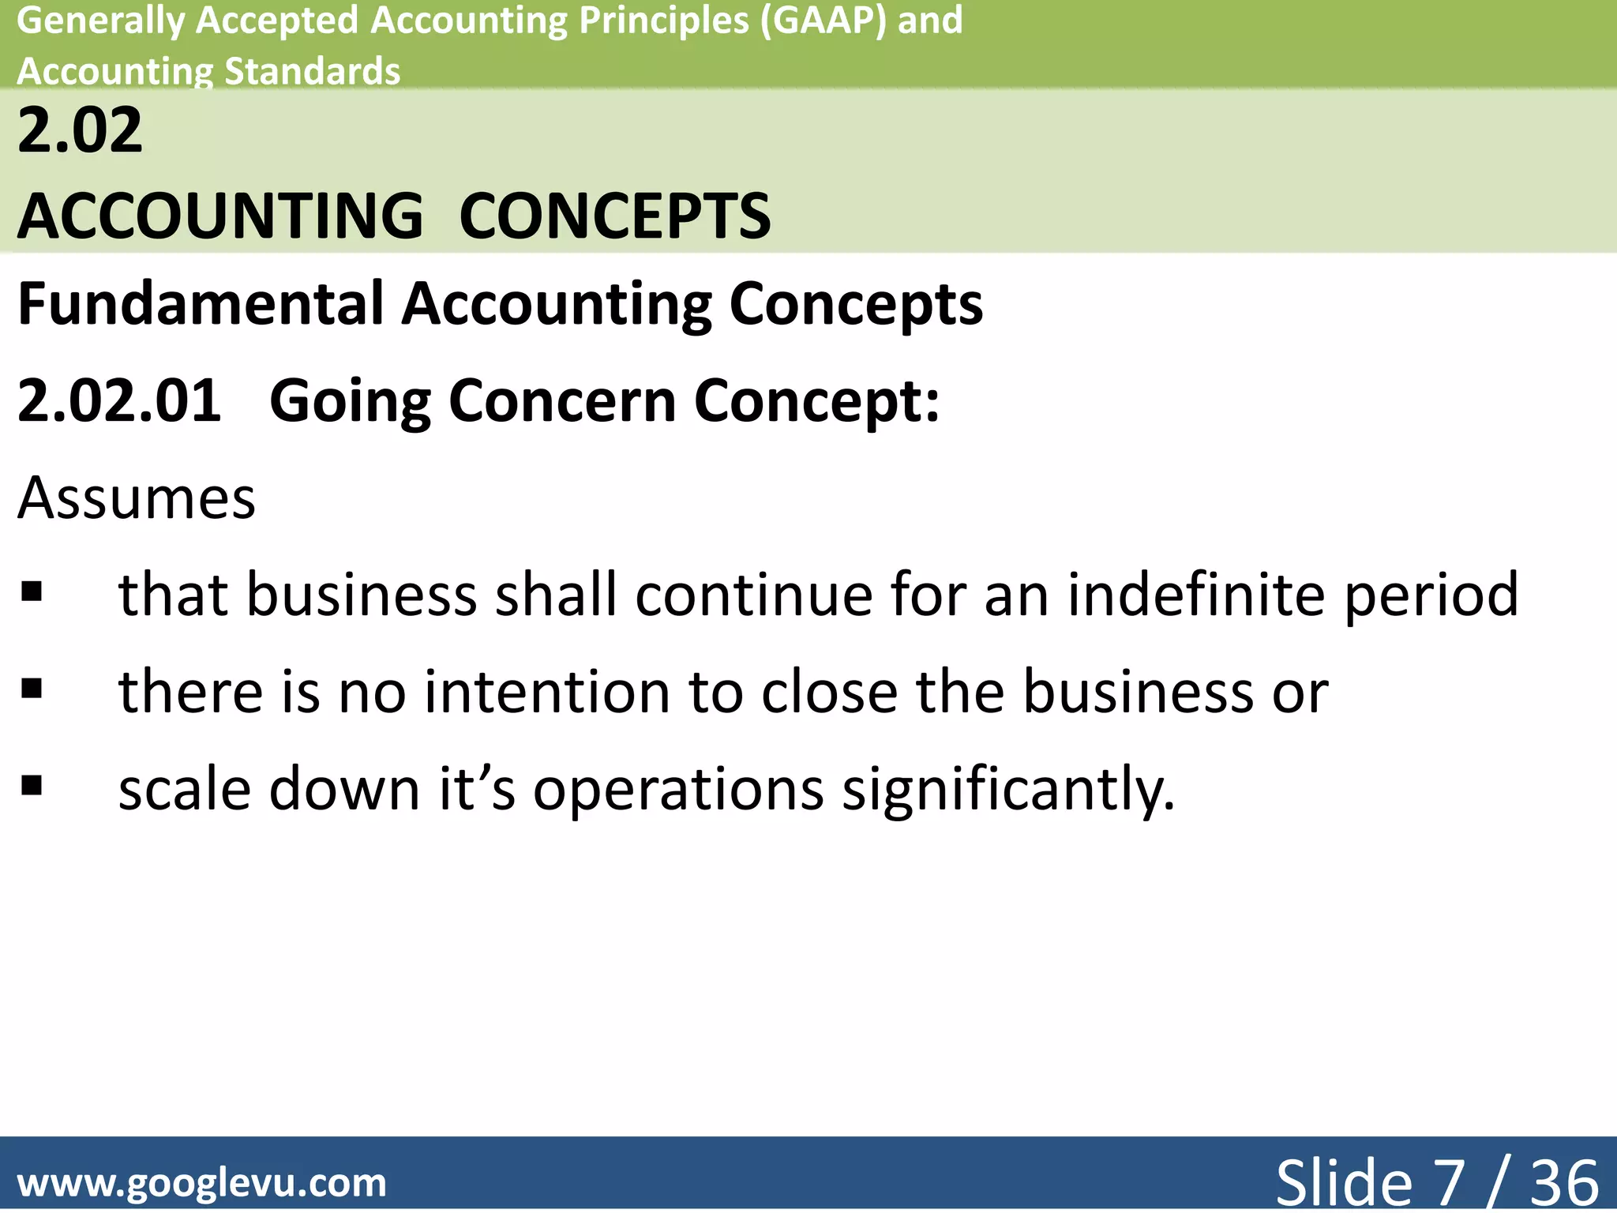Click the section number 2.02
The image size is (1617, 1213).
pyautogui.click(x=80, y=130)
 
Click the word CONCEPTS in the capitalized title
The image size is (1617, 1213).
pyautogui.click(x=614, y=216)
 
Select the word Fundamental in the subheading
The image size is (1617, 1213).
pyautogui.click(x=201, y=304)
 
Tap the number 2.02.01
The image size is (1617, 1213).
pyautogui.click(x=119, y=401)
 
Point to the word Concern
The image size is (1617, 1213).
pyautogui.click(x=562, y=401)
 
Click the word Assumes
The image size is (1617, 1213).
pyautogui.click(x=137, y=498)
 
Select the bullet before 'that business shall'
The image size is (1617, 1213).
pyautogui.click(x=32, y=591)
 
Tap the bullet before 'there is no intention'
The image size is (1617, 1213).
pyautogui.click(x=32, y=689)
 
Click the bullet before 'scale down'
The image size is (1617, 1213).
pyautogui.click(x=32, y=786)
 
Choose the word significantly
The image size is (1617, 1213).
pyautogui.click(x=1008, y=790)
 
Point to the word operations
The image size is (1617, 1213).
pyautogui.click(x=678, y=790)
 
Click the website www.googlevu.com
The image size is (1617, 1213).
pyautogui.click(x=202, y=1183)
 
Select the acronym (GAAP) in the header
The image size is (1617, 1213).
pyautogui.click(x=823, y=21)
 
